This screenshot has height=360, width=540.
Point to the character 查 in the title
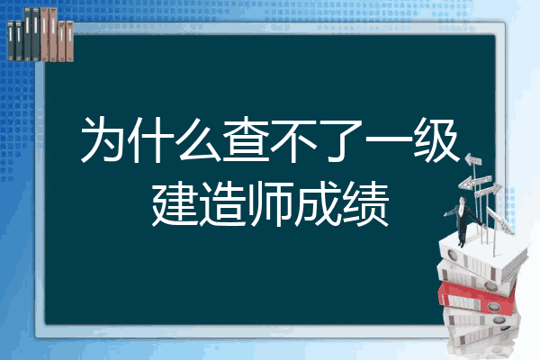click(246, 139)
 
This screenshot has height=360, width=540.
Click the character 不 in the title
click(293, 139)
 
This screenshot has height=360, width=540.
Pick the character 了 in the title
click(340, 140)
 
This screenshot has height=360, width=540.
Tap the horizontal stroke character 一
click(388, 139)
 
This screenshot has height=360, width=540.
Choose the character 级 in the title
click(436, 139)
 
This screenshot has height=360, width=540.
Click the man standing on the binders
click(463, 220)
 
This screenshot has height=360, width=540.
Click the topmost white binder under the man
click(482, 254)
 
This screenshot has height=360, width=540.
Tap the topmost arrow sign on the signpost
click(472, 160)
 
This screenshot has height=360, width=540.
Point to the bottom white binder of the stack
click(482, 336)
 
